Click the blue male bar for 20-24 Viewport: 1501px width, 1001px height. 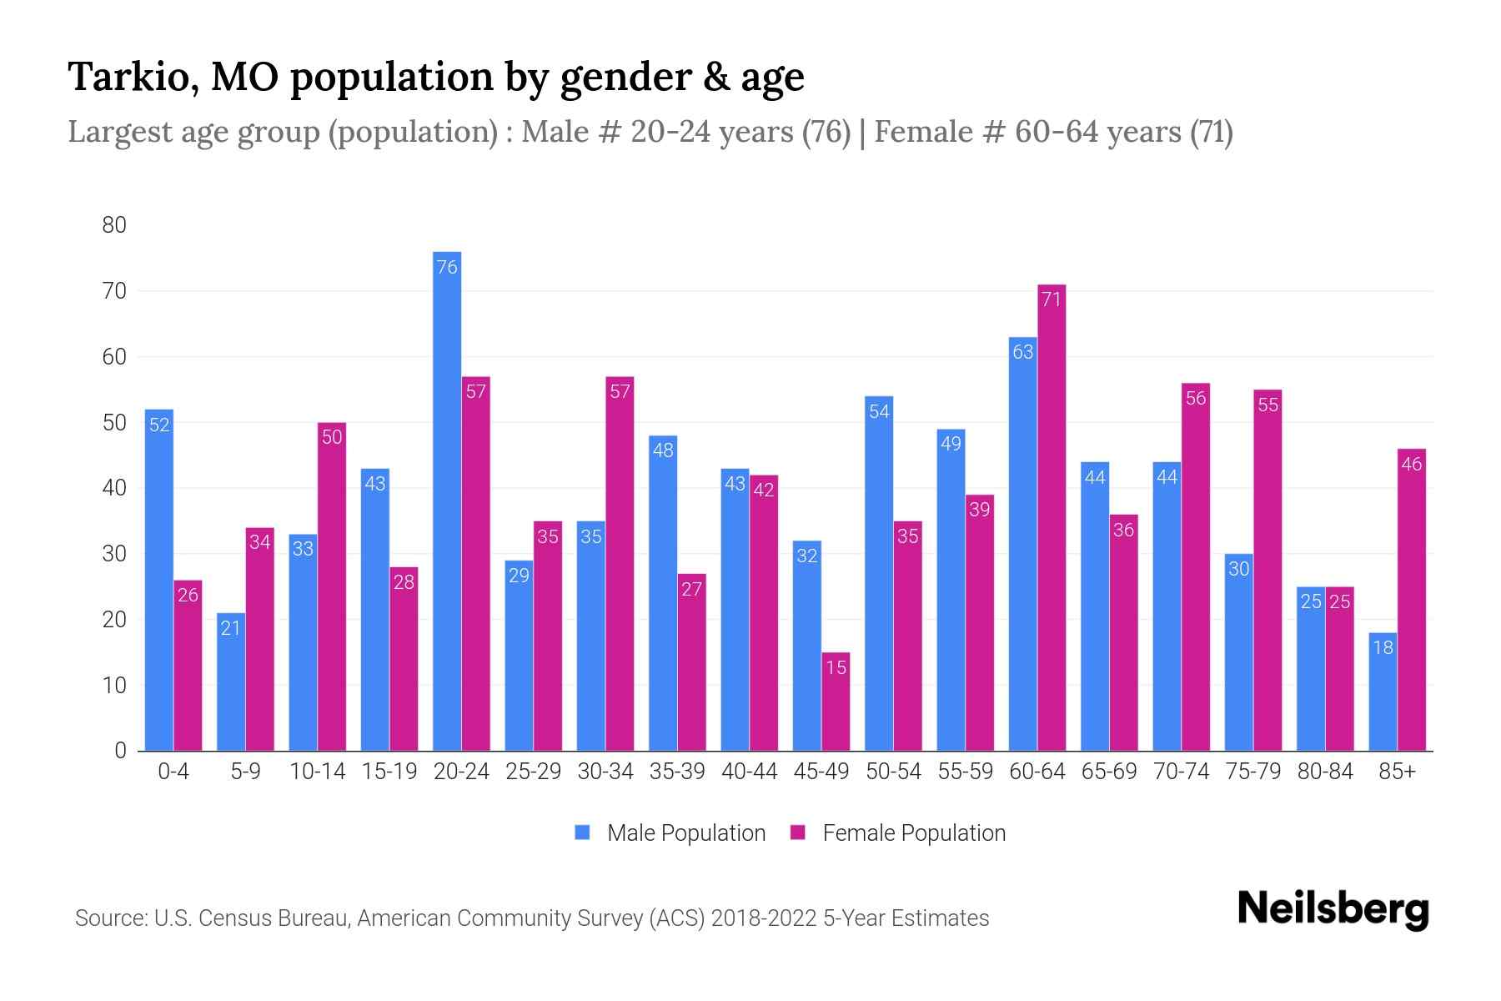click(447, 500)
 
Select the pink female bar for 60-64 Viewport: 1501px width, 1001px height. click(1052, 517)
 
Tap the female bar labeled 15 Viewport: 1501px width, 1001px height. click(836, 702)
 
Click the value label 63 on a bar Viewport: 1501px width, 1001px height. click(1023, 352)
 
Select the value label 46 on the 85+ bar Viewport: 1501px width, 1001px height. click(1412, 465)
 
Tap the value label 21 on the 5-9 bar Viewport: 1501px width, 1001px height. click(231, 628)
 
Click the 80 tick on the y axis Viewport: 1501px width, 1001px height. click(114, 225)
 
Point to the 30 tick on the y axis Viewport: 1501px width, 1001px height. click(114, 554)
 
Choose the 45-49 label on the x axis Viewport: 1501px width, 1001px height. click(821, 772)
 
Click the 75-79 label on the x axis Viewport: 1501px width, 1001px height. click(1253, 772)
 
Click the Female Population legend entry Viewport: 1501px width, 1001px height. click(898, 833)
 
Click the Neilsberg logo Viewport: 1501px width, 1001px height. click(1333, 909)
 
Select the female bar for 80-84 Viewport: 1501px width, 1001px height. click(1339, 668)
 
